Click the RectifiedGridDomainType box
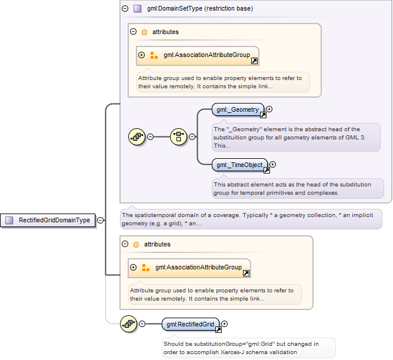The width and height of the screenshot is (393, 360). click(x=48, y=220)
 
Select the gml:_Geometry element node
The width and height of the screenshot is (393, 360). click(x=238, y=110)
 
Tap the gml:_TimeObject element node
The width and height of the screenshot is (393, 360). click(x=239, y=165)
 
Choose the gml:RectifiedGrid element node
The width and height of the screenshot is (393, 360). click(x=191, y=324)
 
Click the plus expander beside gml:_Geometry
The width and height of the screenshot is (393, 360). click(x=269, y=109)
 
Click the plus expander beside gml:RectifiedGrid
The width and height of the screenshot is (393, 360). click(x=225, y=324)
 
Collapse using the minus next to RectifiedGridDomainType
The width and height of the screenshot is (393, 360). click(x=100, y=220)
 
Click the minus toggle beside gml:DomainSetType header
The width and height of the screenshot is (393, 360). click(x=125, y=8)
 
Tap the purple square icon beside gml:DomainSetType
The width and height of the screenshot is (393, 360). click(x=137, y=8)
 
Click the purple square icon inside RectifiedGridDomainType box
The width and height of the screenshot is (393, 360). click(x=9, y=220)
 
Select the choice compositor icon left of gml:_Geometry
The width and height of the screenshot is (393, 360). click(x=178, y=136)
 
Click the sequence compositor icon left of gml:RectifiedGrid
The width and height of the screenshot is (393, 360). click(x=129, y=324)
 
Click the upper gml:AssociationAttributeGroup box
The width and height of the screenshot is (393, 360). click(x=198, y=56)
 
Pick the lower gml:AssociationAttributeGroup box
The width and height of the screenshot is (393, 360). click(x=189, y=268)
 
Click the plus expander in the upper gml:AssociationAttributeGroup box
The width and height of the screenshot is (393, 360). click(x=142, y=55)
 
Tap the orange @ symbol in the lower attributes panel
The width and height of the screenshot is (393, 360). click(x=136, y=245)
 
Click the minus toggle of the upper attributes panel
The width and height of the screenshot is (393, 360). click(x=134, y=32)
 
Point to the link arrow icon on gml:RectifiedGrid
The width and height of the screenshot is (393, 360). click(x=218, y=329)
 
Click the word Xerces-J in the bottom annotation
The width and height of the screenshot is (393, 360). click(x=232, y=352)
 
